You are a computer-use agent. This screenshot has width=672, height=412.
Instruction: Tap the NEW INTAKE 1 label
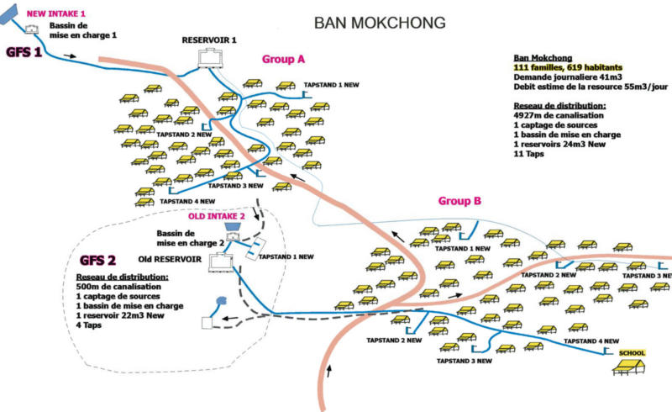coord(56,14)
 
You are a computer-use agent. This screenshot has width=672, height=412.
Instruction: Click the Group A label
coord(281,60)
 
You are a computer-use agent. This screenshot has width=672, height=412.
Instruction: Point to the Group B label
coord(459,201)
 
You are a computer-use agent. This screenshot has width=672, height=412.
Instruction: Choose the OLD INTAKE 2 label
coord(216,216)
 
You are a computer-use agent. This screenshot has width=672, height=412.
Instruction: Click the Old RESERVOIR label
coord(169,259)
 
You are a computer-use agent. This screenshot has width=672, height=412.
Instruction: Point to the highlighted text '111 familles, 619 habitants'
coord(566,66)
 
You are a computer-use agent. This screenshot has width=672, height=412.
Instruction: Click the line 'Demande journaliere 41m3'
coord(570,77)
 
